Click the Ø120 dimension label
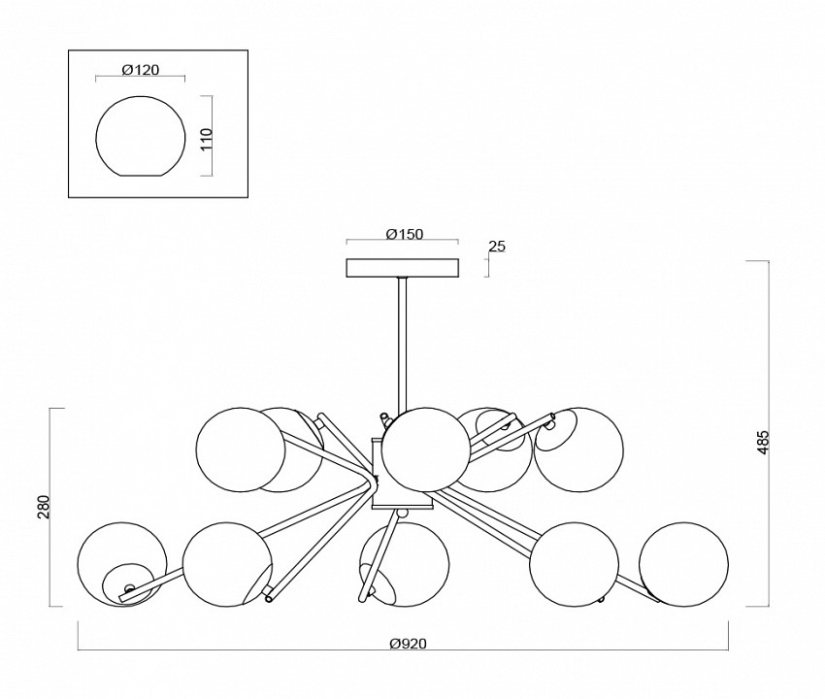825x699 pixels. [142, 70]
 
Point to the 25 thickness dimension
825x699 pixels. [497, 247]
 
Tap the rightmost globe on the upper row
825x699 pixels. [580, 448]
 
